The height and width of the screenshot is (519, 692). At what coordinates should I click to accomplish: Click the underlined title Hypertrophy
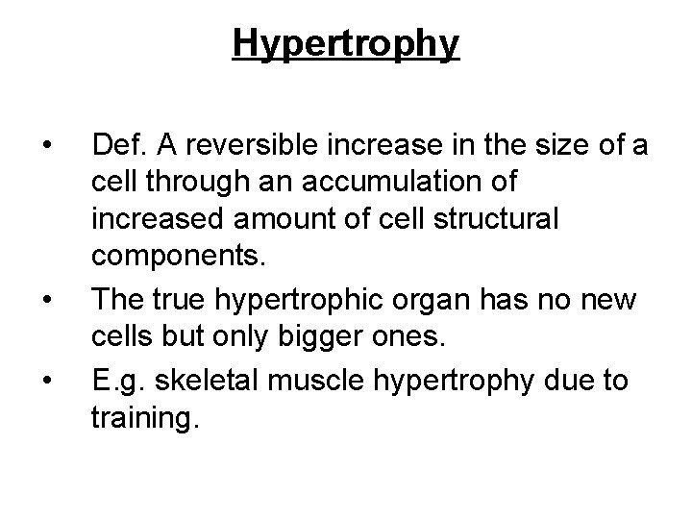(x=346, y=44)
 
